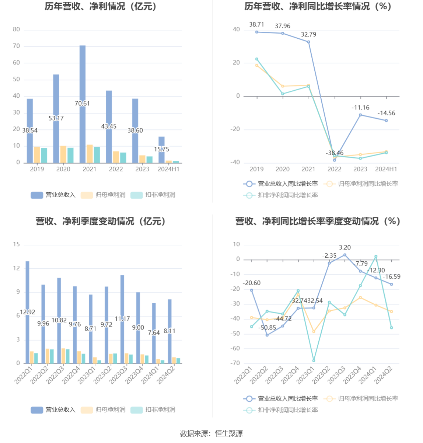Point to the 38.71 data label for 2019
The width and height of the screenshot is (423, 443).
point(256,25)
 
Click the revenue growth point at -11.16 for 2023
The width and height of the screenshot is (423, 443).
point(360,115)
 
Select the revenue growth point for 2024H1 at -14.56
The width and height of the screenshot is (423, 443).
point(386,121)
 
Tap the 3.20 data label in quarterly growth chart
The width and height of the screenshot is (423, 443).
point(345,248)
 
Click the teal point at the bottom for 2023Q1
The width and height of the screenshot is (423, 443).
point(314,360)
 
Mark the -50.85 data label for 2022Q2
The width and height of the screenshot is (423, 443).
point(267,328)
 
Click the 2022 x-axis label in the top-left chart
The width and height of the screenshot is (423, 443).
point(116,169)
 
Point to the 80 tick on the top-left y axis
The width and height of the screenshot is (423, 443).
point(17,29)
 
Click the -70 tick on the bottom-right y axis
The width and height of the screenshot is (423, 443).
point(235,363)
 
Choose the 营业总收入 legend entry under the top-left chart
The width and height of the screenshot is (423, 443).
point(53,195)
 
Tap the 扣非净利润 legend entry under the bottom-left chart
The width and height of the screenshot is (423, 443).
point(153,410)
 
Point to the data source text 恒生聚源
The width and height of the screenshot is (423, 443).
point(229,434)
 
